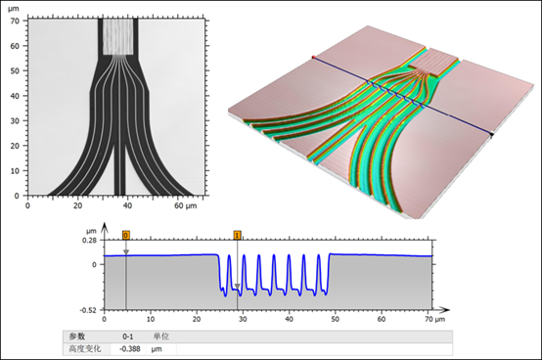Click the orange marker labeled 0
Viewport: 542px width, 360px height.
coord(126,236)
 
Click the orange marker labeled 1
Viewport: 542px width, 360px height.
coord(237,236)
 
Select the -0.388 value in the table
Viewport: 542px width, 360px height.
coord(130,349)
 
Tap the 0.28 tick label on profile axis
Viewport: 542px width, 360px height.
coord(90,240)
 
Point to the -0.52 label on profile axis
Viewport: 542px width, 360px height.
coord(88,310)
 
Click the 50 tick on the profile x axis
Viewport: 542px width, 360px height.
coord(335,319)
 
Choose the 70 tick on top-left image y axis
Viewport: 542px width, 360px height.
coord(15,21)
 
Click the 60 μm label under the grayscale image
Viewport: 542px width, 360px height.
coord(186,205)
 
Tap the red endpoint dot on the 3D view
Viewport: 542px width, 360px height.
coord(313,57)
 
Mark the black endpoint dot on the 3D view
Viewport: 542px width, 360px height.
coord(491,134)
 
